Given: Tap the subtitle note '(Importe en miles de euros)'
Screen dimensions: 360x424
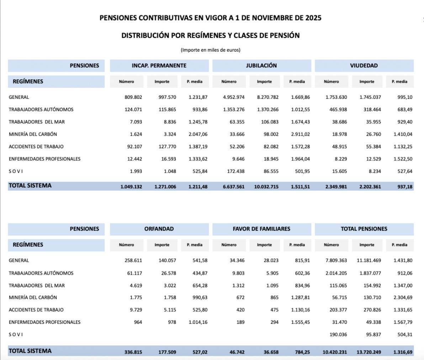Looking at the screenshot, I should [211, 50].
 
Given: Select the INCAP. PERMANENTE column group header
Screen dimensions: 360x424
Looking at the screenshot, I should [159, 66].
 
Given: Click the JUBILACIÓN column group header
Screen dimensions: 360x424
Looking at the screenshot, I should [261, 66].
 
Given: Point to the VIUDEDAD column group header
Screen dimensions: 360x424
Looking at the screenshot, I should [364, 66].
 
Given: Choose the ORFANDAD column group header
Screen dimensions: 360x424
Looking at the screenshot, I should [159, 229].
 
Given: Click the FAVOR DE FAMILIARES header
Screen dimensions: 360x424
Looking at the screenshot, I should [261, 229].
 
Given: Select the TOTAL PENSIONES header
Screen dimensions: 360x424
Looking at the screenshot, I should [364, 229].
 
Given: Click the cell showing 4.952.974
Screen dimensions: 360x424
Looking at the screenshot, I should [234, 97].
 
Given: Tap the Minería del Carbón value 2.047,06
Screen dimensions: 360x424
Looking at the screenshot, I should [198, 134].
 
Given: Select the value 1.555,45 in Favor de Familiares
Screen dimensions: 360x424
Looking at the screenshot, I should [300, 322].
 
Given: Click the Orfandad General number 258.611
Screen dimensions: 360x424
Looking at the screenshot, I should [133, 260].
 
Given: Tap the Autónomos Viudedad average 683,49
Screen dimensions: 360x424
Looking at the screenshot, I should [405, 109].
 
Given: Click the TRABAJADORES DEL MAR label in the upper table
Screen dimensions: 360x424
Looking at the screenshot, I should [37, 122].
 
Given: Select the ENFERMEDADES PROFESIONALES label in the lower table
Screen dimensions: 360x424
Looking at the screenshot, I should [44, 322].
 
